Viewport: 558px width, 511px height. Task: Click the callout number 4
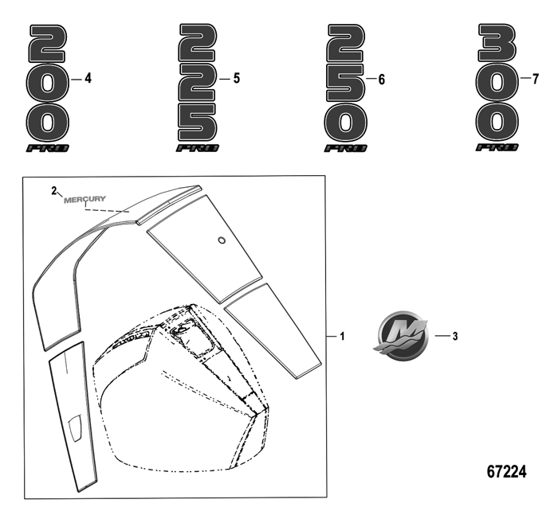point(88,79)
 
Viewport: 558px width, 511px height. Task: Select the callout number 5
point(237,79)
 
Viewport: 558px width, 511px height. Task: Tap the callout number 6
point(382,80)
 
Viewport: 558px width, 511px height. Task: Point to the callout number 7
point(535,79)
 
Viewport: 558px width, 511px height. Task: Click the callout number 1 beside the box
point(342,336)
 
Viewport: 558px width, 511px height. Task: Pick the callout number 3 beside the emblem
point(455,336)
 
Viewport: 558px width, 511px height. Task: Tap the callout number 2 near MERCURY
point(53,191)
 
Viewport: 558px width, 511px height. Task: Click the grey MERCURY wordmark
point(84,199)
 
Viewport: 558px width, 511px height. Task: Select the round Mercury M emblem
point(401,335)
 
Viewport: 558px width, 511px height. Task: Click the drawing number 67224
point(506,471)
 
